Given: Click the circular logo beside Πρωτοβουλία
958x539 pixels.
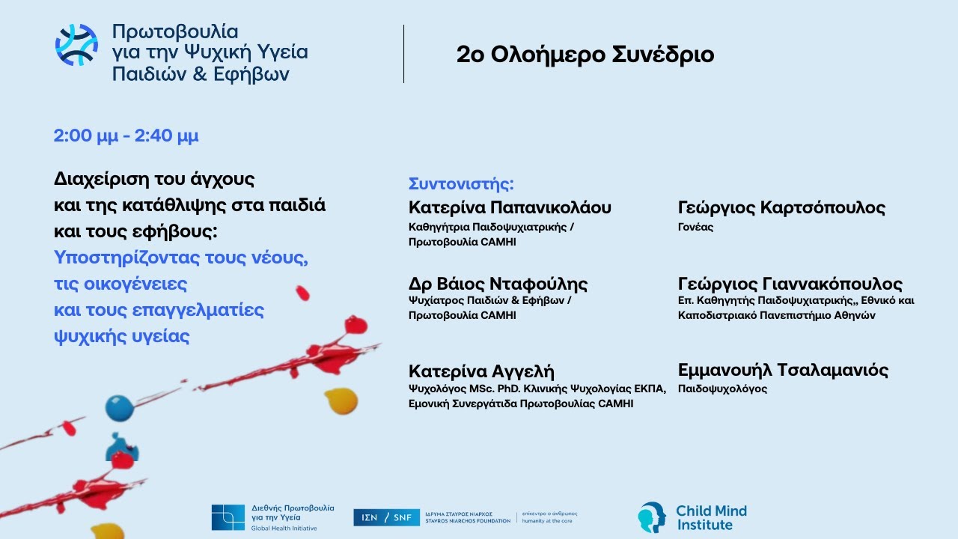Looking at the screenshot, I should click(76, 45).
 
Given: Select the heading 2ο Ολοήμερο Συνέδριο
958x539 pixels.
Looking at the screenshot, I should click(585, 55).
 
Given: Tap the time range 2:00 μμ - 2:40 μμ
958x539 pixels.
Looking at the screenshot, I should click(126, 136).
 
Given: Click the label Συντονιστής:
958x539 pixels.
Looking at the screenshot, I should click(462, 184).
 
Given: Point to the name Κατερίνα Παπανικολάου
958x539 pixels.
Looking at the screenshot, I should click(510, 207).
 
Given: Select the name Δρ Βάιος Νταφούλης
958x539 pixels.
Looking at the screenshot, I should click(498, 284).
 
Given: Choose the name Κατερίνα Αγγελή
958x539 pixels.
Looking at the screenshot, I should click(481, 371).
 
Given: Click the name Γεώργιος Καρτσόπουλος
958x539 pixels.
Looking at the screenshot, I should click(781, 207).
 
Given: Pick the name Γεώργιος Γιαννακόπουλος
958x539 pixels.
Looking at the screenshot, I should click(790, 284).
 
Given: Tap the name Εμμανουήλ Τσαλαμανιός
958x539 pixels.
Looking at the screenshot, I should click(783, 370).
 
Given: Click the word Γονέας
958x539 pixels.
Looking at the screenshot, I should click(696, 227).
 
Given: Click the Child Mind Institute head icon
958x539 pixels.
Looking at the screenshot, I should click(652, 517).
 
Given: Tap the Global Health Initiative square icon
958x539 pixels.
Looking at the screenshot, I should click(228, 517).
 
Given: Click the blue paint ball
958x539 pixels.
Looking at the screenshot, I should click(118, 408).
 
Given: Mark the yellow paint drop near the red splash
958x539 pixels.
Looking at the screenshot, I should click(341, 400).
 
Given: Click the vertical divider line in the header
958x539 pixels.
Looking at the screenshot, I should click(403, 54).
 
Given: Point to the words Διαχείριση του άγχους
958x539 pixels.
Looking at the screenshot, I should click(154, 180).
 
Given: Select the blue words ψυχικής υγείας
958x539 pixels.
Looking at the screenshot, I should click(122, 336).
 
